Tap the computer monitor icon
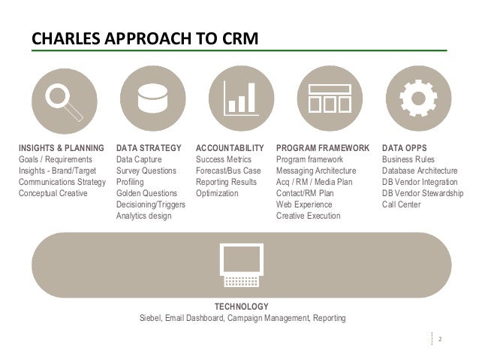pos(241,265)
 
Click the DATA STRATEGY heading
pos(149,149)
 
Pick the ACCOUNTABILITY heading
pos(230,149)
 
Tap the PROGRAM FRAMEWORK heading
pos(323,149)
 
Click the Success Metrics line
pos(224,160)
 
